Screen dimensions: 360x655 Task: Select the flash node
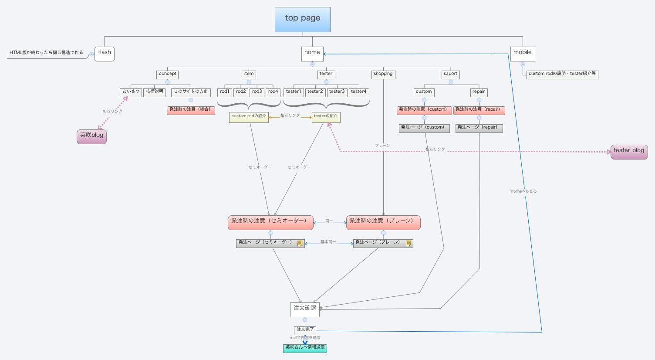point(105,54)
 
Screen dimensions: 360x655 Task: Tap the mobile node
point(522,54)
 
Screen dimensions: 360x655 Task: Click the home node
point(312,54)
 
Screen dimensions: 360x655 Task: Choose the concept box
point(168,74)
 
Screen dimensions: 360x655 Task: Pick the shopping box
point(383,74)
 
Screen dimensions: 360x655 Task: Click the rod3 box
point(257,92)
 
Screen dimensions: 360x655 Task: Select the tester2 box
point(315,92)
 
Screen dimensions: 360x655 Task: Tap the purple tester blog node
point(629,151)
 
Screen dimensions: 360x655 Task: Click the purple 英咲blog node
point(91,136)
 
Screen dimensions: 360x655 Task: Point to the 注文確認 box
point(305,309)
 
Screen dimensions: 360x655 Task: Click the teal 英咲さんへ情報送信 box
point(305,348)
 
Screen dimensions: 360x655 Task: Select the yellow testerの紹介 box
point(326,117)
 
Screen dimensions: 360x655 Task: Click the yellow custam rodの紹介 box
point(249,117)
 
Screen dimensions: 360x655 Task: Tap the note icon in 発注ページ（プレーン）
point(408,243)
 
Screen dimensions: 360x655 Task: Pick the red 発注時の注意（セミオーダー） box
point(270,222)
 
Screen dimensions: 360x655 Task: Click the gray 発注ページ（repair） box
point(479,128)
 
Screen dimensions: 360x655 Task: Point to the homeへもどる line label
point(523,191)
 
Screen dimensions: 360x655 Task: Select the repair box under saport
point(479,92)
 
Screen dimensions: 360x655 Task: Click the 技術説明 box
point(154,92)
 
